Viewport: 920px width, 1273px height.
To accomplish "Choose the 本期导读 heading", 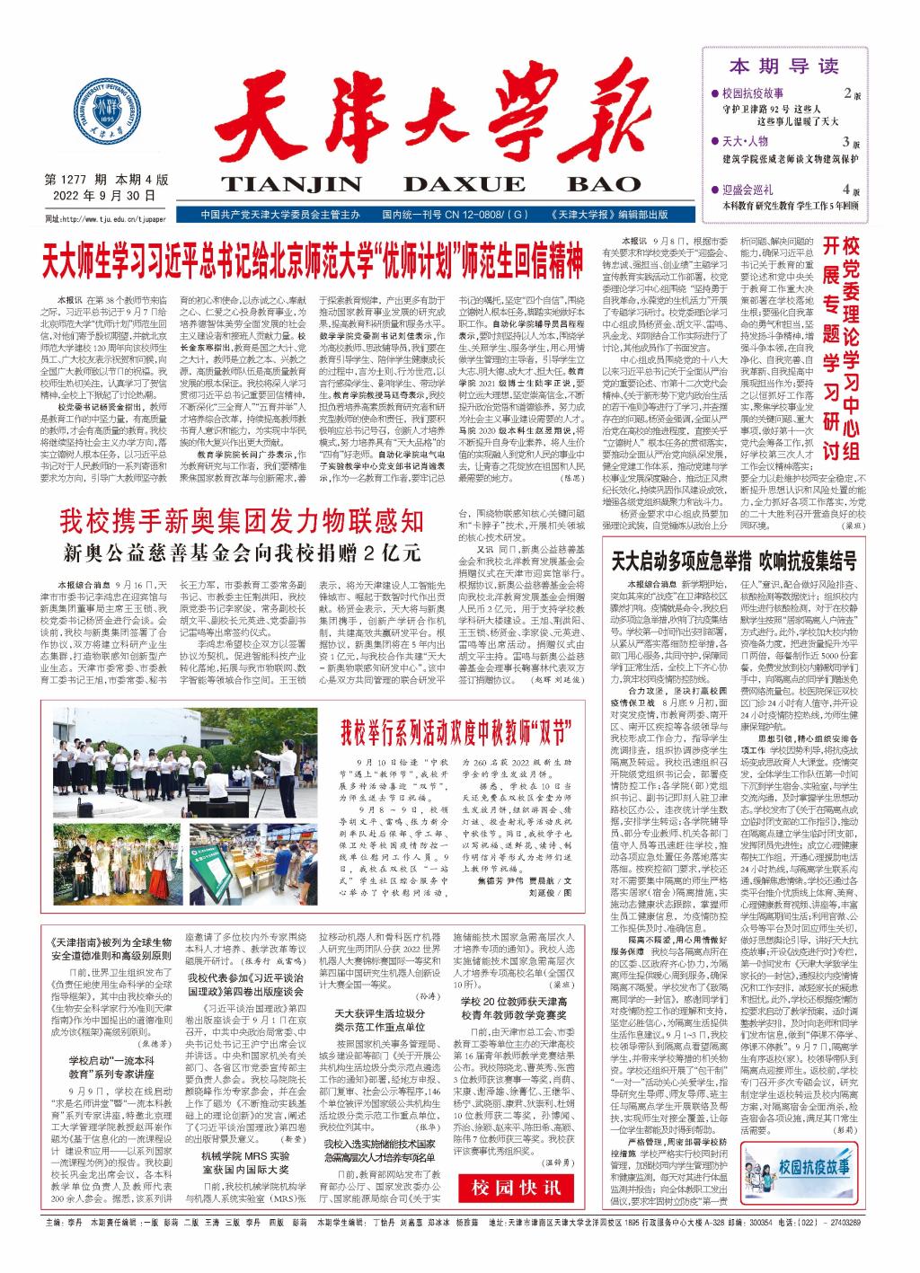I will (783, 66).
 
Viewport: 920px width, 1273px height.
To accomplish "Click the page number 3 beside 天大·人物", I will (845, 142).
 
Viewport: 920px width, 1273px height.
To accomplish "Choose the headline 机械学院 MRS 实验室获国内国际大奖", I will (245, 1164).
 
